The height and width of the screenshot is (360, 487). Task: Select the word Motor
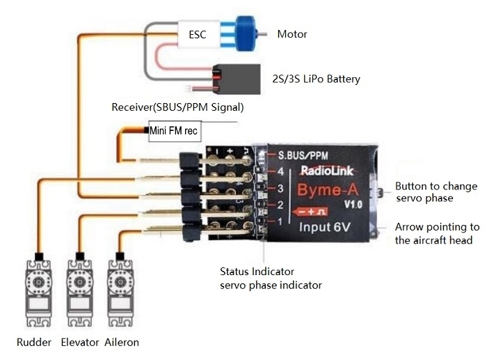(x=292, y=34)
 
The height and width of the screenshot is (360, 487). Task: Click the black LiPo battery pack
(x=237, y=79)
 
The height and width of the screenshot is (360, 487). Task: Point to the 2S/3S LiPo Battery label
(x=316, y=79)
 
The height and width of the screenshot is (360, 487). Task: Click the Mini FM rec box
(x=175, y=131)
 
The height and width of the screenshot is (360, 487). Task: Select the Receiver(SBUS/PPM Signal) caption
(x=177, y=107)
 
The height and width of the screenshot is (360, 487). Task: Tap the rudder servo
(x=38, y=293)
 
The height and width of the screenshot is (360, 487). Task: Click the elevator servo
(x=80, y=293)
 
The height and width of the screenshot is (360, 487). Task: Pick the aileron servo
(x=120, y=293)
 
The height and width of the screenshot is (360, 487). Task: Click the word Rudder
(x=34, y=343)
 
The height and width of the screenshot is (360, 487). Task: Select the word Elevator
(x=80, y=343)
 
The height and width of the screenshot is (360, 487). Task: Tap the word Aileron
(x=122, y=343)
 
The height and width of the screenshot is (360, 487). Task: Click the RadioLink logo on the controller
(x=327, y=171)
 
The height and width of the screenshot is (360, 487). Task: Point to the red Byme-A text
(x=328, y=190)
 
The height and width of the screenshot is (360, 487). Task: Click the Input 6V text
(x=325, y=227)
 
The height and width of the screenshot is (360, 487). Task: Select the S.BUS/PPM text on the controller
(x=303, y=155)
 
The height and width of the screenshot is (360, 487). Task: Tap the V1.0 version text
(x=353, y=205)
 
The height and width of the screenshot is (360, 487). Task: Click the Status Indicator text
(x=257, y=272)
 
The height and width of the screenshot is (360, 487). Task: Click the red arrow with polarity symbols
(x=310, y=212)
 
